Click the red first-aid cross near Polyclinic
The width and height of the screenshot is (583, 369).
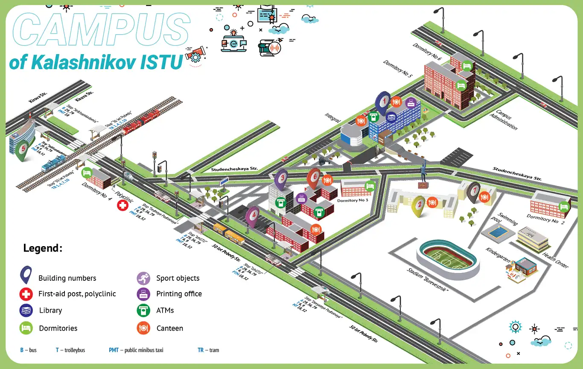point(122,206)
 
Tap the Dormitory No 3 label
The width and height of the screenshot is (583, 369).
point(353,200)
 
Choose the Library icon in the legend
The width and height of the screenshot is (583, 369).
point(26,310)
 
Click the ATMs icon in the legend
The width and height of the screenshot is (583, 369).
point(143,310)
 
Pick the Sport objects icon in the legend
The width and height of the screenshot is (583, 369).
point(143,278)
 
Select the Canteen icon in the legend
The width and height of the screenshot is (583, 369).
point(143,328)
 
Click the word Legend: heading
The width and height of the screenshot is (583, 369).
point(43,248)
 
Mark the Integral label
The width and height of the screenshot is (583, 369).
point(332,118)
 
